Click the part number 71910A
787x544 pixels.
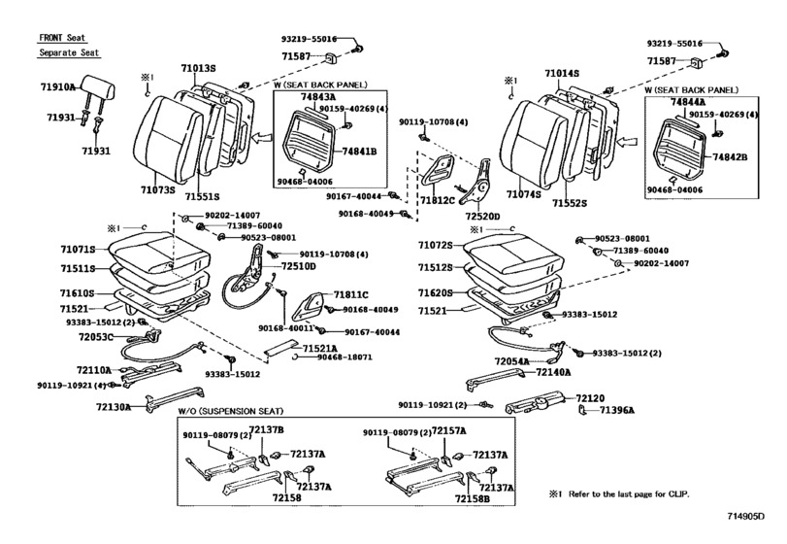[x=58, y=87]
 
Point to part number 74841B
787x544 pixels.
[x=359, y=152]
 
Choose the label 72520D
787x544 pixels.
[x=481, y=216]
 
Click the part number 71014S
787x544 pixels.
[x=561, y=73]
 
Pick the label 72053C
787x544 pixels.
[x=97, y=336]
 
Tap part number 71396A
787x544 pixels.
[x=617, y=411]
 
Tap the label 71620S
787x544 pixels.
[x=438, y=291]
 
